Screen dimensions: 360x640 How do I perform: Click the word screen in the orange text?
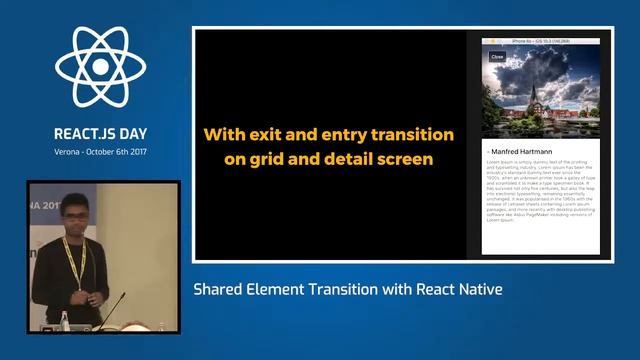pos(411,159)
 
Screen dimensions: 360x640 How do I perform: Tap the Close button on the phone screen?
pos(497,57)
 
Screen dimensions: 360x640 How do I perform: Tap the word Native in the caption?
pos(477,290)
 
